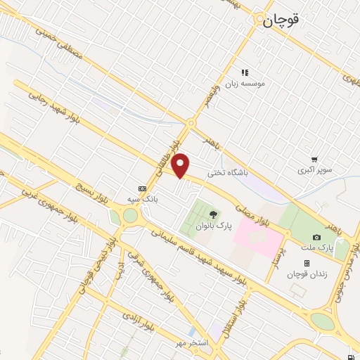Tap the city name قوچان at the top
point(281,21)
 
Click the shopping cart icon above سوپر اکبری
point(314,160)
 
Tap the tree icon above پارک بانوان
point(213,213)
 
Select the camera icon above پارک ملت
point(317,237)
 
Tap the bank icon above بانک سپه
point(143,188)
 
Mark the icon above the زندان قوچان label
point(307,262)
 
